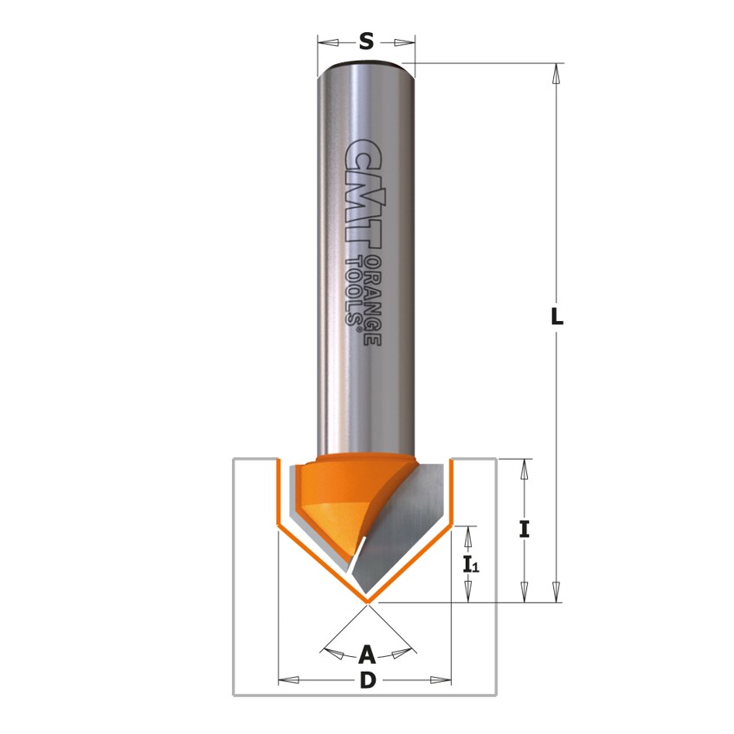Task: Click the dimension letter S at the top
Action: (366, 41)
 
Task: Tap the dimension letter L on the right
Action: (557, 317)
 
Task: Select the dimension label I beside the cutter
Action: (524, 530)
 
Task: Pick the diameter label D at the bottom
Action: (367, 680)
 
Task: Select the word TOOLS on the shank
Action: (354, 291)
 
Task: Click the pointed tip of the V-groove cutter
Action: (368, 600)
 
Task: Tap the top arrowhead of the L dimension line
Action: (557, 73)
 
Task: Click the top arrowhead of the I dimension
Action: (524, 470)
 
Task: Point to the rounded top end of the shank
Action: (366, 66)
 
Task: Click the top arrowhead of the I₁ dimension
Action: (468, 536)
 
